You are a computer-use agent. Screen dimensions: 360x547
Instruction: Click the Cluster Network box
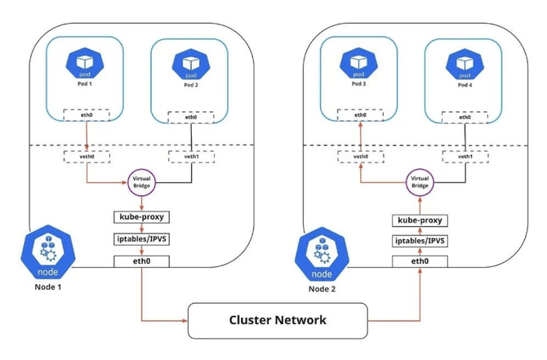tap(278, 320)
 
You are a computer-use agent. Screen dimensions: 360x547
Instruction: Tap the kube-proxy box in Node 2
tap(420, 220)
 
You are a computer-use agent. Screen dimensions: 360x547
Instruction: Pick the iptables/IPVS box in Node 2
tap(420, 241)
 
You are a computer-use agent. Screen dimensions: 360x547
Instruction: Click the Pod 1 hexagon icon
tap(85, 63)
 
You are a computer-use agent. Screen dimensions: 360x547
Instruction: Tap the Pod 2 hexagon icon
tap(191, 63)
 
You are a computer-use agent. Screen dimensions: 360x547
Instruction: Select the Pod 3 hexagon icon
tap(359, 63)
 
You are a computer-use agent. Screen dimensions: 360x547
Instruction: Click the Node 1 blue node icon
tap(51, 252)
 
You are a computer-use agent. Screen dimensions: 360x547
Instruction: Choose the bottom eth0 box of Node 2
tap(420, 261)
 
